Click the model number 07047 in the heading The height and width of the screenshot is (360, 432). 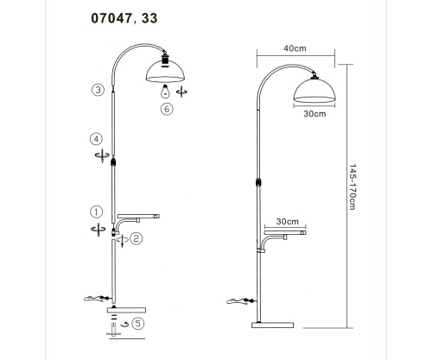pyautogui.click(x=111, y=18)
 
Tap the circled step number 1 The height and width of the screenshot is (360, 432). pyautogui.click(x=97, y=212)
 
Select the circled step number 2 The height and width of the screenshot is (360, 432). pyautogui.click(x=137, y=238)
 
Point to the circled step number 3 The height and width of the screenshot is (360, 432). pyautogui.click(x=98, y=90)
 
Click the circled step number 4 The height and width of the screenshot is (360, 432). pyautogui.click(x=97, y=139)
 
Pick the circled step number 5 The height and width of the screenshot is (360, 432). pyautogui.click(x=137, y=324)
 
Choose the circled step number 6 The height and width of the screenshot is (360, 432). pyautogui.click(x=167, y=110)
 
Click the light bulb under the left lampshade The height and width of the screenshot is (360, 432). pyautogui.click(x=165, y=91)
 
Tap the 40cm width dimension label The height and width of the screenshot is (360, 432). pyautogui.click(x=295, y=48)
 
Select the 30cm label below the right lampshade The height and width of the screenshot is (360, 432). pyautogui.click(x=314, y=114)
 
